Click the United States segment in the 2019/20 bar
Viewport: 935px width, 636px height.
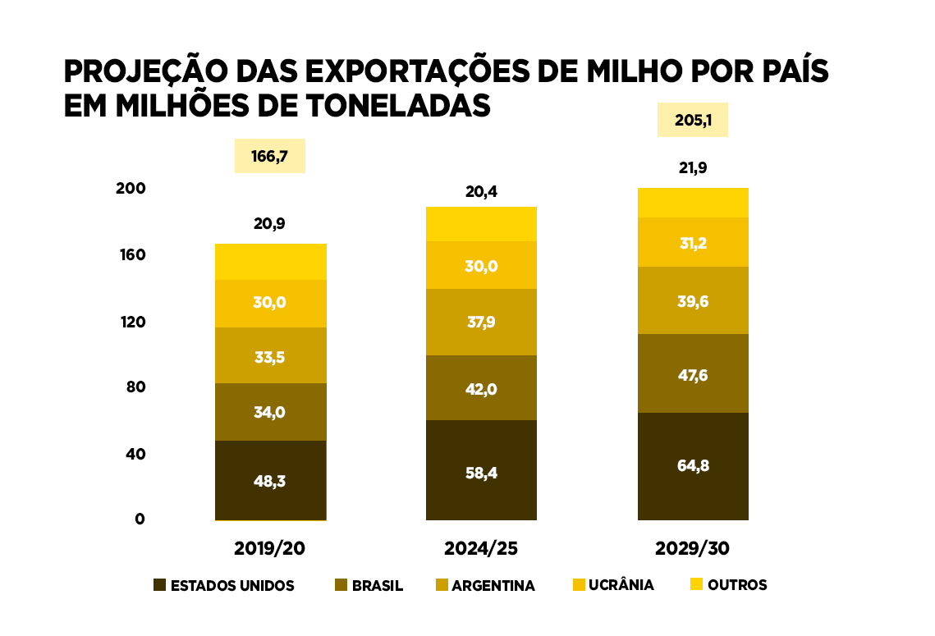270,480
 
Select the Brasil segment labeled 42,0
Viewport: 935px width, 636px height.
481,388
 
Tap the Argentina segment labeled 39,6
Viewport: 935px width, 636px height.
692,300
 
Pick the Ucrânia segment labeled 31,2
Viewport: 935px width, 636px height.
692,242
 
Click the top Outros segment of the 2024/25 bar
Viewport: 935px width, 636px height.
481,224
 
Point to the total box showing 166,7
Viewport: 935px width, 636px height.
269,156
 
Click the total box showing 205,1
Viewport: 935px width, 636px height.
692,120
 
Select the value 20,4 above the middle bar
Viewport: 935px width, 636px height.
481,192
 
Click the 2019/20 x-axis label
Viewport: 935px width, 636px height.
269,548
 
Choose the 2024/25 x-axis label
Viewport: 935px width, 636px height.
481,548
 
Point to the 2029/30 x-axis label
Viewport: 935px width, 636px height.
692,548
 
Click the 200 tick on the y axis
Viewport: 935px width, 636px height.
131,188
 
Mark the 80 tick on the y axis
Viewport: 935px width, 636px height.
135,387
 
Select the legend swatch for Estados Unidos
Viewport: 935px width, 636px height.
159,585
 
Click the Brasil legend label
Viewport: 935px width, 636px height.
377,586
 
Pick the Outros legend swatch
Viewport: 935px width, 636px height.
696,585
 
